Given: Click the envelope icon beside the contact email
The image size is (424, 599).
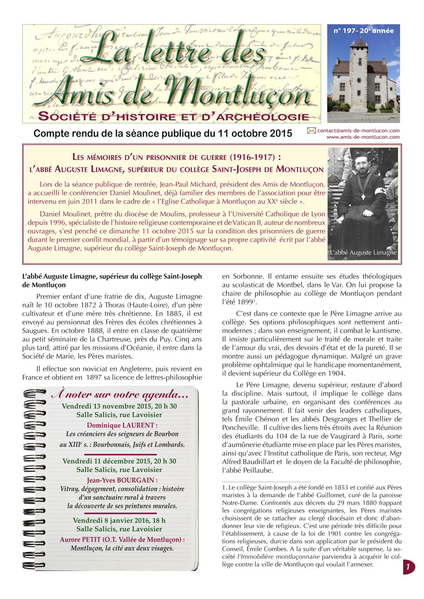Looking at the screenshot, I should pos(311,130).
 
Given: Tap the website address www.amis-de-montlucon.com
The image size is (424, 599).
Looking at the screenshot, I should pos(363,137).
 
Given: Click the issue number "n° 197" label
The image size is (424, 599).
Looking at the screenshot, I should pos(344,31).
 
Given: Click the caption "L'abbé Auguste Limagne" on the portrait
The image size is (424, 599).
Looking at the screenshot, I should pos(363,253).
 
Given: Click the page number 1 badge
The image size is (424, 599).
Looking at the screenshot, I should pos(408,567).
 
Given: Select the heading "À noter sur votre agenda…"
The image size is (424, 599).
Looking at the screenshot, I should pos(120,395).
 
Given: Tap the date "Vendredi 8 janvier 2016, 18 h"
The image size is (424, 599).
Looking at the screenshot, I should pos(119,520).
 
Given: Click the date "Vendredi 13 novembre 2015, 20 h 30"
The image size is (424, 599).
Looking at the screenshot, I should pos(119,406).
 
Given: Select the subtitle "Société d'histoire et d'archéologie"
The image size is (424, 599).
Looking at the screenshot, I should pos(174,117).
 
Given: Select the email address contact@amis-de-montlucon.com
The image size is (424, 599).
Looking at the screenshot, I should pos(358,131).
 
